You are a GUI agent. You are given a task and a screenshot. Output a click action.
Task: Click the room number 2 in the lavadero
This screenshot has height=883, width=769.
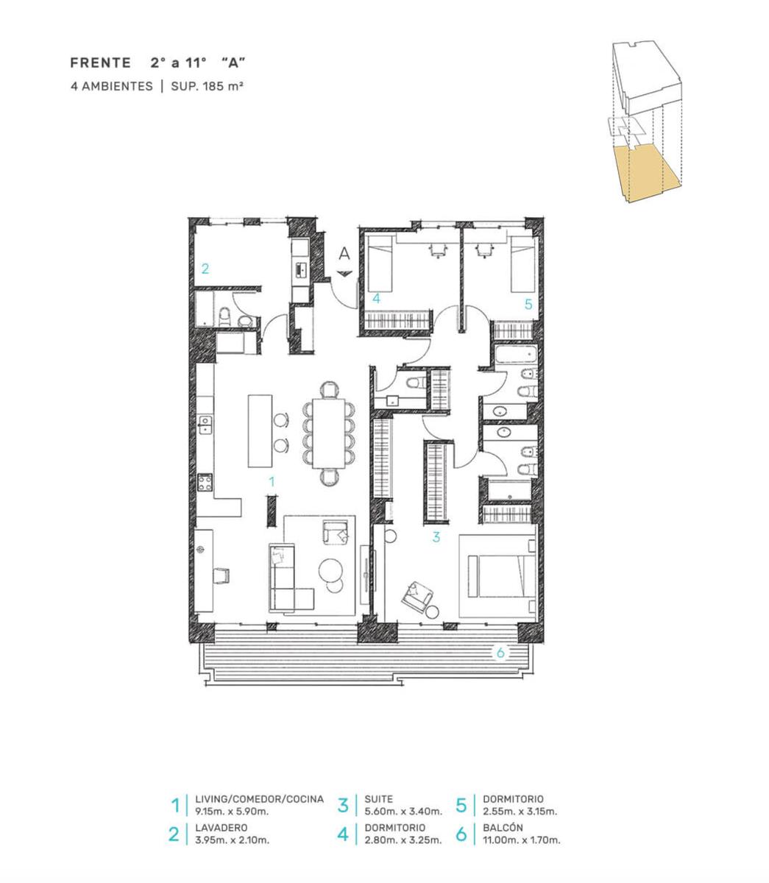click(205, 269)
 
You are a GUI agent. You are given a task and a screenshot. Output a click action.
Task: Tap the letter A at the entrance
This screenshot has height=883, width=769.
click(344, 254)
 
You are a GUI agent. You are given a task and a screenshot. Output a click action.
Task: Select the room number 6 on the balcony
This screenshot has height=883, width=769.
click(500, 653)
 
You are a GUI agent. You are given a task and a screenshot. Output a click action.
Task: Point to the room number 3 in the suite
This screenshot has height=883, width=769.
click(436, 537)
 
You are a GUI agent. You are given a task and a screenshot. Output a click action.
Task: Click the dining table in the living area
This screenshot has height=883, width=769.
click(329, 433)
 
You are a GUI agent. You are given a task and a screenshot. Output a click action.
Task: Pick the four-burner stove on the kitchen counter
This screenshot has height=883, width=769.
click(205, 483)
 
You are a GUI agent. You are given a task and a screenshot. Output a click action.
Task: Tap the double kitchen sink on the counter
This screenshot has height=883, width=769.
click(205, 425)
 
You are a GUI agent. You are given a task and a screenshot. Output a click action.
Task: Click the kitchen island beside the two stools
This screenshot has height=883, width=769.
click(260, 430)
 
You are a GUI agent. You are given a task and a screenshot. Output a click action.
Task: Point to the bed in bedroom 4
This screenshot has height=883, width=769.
click(380, 263)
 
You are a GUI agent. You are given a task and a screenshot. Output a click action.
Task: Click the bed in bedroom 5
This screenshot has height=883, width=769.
click(523, 263)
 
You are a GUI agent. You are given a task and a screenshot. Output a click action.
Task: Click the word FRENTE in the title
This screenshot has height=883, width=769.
click(101, 63)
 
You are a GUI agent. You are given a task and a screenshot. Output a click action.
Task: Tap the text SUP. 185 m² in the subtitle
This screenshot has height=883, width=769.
click(207, 86)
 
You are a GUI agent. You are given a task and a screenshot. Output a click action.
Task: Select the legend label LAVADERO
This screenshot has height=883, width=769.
click(222, 827)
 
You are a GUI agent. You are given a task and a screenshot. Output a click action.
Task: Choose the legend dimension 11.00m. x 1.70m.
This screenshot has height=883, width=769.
click(522, 840)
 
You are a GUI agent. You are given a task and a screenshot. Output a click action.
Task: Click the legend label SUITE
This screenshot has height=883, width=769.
click(378, 799)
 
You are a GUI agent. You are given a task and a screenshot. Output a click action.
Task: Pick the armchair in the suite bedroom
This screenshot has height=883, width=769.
click(417, 595)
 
